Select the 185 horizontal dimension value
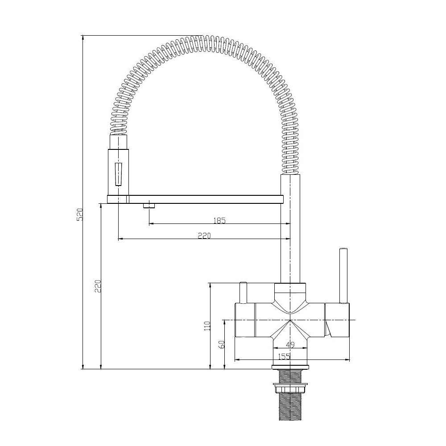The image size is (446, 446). pos(219,220)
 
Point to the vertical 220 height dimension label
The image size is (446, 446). pos(98,286)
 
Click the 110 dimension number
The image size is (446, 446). pos(207,326)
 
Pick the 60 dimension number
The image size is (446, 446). pos(222,344)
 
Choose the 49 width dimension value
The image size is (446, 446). pos(290,345)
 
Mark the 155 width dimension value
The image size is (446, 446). pos(284,356)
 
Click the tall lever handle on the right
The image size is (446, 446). pos(343,275)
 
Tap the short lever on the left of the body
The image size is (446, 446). pos(244,293)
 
